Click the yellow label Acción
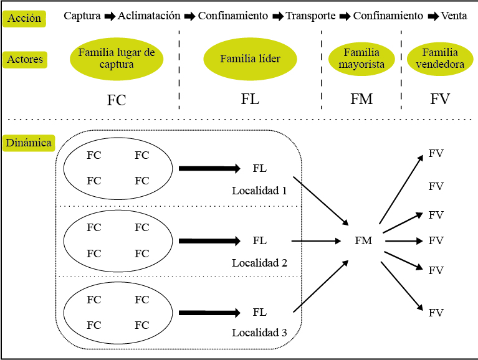24,18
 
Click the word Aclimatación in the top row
149,16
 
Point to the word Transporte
310,16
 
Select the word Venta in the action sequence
454,16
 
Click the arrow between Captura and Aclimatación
110,16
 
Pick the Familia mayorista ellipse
361,59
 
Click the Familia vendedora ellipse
439,59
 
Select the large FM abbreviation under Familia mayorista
361,99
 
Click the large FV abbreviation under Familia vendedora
439,99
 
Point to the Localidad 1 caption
259,190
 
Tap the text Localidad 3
259,333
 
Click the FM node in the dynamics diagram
363,240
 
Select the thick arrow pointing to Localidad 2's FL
209,240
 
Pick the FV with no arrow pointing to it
436,186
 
